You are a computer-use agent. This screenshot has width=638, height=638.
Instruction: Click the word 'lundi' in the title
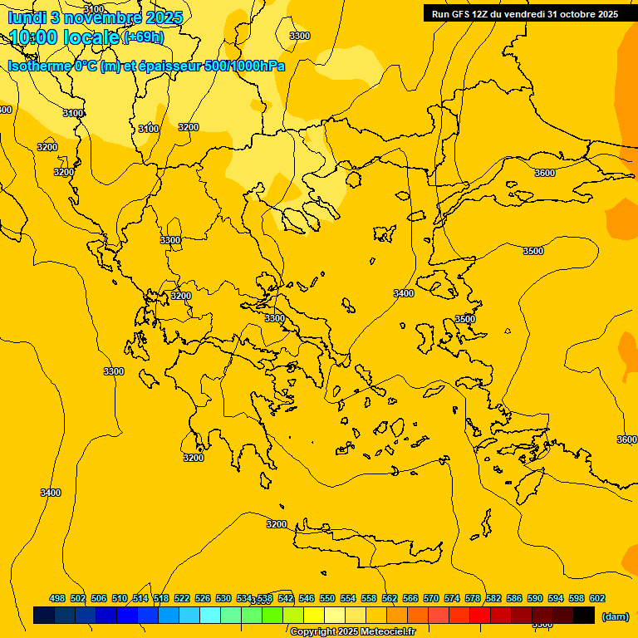[26, 17]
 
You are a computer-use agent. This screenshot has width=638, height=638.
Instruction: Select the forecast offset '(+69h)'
[143, 37]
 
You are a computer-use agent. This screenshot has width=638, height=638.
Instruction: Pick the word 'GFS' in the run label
[461, 14]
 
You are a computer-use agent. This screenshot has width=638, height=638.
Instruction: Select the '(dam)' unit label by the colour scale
[615, 616]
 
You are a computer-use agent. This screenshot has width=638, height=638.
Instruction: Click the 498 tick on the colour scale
[57, 598]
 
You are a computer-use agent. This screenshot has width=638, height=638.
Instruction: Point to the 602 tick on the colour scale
[597, 598]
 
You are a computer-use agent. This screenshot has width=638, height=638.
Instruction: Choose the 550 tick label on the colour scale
[327, 598]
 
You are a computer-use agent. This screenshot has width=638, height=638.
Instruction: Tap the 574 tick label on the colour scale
[452, 598]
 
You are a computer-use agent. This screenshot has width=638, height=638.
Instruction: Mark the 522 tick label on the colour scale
[182, 598]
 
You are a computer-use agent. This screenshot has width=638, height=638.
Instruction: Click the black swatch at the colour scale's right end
[584, 616]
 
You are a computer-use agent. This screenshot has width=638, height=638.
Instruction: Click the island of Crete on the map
[366, 540]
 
